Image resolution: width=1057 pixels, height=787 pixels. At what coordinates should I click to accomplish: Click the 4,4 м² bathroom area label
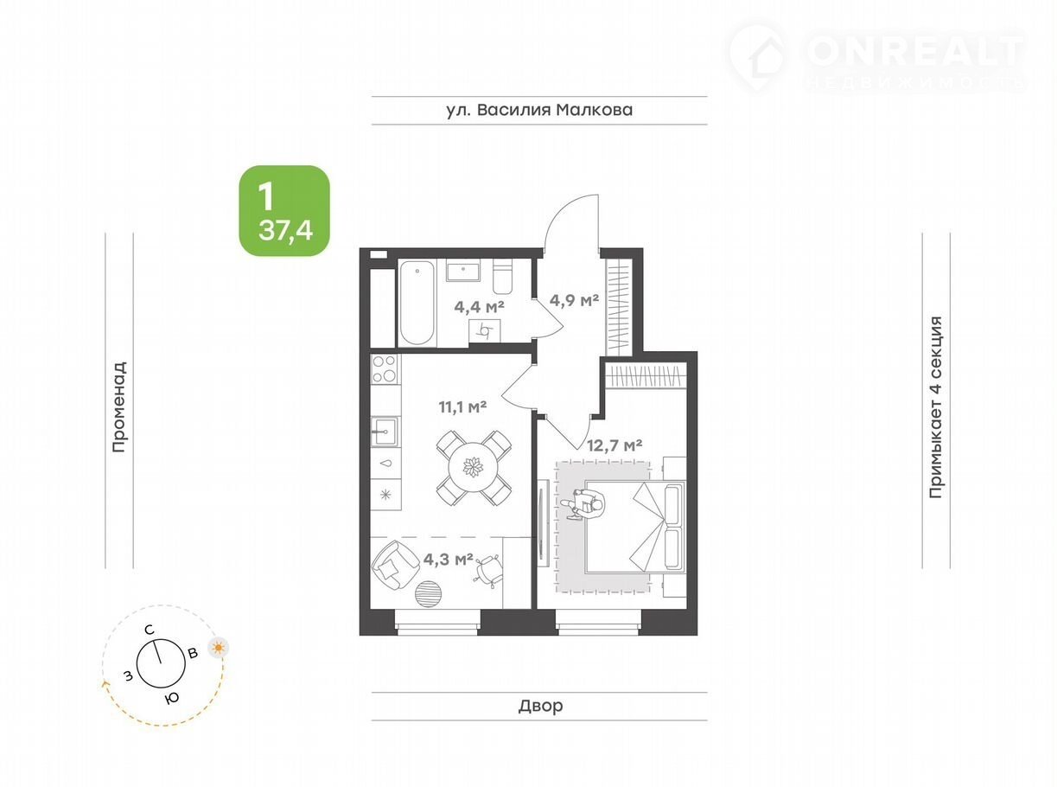(479, 307)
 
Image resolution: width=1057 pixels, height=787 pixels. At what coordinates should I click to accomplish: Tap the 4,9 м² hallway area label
(574, 300)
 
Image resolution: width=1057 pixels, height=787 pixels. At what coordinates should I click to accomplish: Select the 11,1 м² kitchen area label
(462, 407)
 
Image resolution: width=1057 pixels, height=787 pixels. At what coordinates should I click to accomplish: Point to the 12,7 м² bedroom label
(614, 445)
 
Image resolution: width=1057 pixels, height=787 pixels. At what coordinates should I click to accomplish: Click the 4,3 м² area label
(448, 559)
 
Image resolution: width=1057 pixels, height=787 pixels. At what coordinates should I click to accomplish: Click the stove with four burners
(385, 368)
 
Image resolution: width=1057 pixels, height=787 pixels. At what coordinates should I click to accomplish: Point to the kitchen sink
(384, 432)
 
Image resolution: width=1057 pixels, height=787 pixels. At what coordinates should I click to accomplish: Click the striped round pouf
(428, 593)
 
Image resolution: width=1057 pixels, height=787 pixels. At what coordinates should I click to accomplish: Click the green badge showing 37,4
(284, 211)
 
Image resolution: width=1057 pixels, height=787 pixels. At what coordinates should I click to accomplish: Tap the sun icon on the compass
(219, 648)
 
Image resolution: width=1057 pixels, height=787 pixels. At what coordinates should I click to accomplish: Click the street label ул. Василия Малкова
(539, 110)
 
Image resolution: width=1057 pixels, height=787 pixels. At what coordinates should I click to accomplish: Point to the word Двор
(540, 706)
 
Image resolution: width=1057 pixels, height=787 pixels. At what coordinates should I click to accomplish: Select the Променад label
(119, 406)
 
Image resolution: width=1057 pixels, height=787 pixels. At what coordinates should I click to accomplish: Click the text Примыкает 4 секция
(936, 406)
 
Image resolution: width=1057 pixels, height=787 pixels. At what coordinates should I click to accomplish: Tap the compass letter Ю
(172, 698)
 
